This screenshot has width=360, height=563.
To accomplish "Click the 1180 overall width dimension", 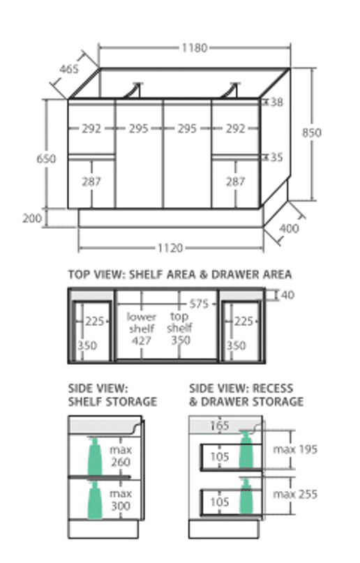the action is (195, 47).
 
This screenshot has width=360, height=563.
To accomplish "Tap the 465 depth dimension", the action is (69, 68).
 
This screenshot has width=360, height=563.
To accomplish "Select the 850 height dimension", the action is (311, 133).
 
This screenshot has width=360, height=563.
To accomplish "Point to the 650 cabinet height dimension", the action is (46, 158).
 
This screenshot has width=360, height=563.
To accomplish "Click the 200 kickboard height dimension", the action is (32, 218).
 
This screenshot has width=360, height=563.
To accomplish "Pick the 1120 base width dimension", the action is (170, 248).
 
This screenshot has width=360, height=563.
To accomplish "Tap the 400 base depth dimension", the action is (289, 228).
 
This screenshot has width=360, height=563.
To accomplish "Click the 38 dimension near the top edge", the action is (276, 103).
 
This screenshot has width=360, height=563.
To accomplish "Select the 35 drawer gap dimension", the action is (276, 157).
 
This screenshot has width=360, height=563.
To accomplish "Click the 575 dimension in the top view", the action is (199, 303).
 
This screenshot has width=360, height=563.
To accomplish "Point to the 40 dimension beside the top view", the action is (287, 295).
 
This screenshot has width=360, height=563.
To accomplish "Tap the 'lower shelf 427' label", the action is (142, 329).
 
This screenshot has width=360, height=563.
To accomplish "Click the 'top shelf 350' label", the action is (180, 328).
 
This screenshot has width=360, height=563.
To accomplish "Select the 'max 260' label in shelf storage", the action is (121, 456).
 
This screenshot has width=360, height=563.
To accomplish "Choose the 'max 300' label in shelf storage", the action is (121, 500).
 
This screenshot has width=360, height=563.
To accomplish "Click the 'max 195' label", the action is (295, 449).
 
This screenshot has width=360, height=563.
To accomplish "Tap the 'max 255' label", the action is (295, 494).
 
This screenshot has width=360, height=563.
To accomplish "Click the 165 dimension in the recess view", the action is (219, 426).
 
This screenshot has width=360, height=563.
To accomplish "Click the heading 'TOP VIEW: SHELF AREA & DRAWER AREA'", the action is (180, 275).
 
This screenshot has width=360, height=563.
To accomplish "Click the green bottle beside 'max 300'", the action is (95, 500).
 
